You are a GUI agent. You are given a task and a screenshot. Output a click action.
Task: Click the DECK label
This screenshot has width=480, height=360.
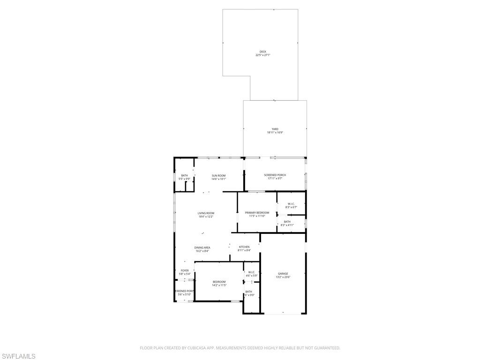[x=262, y=52]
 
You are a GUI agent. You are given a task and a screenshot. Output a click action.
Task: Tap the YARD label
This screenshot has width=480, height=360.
[x=275, y=129]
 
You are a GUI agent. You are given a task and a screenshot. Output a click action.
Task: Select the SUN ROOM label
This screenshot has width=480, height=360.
[x=218, y=175]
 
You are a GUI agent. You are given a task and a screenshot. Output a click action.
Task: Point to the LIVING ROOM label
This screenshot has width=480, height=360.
[x=206, y=213]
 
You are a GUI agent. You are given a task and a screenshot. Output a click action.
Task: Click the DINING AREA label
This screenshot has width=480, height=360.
[x=202, y=247]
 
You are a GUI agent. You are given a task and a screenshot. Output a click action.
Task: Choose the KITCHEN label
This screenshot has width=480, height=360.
[x=244, y=247]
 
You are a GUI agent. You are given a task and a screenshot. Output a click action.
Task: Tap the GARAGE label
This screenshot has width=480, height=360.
[x=283, y=274]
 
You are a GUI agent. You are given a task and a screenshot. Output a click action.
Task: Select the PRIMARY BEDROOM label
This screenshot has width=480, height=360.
[x=257, y=212]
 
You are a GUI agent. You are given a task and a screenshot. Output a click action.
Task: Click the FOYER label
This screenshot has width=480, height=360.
[x=185, y=270]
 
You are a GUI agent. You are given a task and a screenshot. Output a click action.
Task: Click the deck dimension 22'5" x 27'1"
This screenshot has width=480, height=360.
[x=262, y=55]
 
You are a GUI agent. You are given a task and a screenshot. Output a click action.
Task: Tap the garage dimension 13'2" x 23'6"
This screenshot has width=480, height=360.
[x=283, y=277]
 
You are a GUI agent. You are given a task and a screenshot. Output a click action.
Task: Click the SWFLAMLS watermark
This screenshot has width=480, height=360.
[x=18, y=357]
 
